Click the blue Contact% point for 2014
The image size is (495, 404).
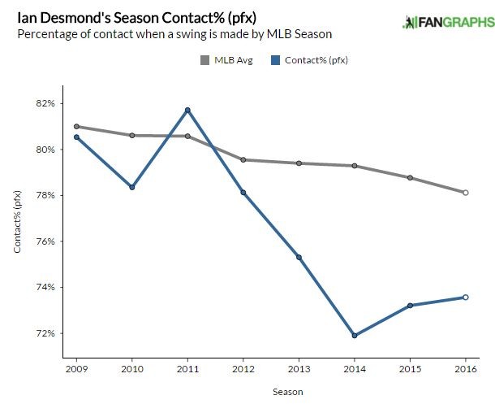(x=355, y=336)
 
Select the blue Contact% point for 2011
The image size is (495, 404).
(x=187, y=110)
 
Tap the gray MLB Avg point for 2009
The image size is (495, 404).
(x=76, y=126)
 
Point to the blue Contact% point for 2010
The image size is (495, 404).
(x=131, y=187)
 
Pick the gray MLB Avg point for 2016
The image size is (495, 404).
(x=466, y=193)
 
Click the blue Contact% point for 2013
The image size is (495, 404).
(x=299, y=257)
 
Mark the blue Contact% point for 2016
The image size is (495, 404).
(x=466, y=297)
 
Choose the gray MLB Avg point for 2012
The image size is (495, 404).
(x=243, y=159)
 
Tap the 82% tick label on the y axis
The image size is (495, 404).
(x=44, y=104)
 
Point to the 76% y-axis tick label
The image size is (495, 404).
(x=44, y=241)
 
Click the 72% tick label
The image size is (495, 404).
(x=44, y=333)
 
